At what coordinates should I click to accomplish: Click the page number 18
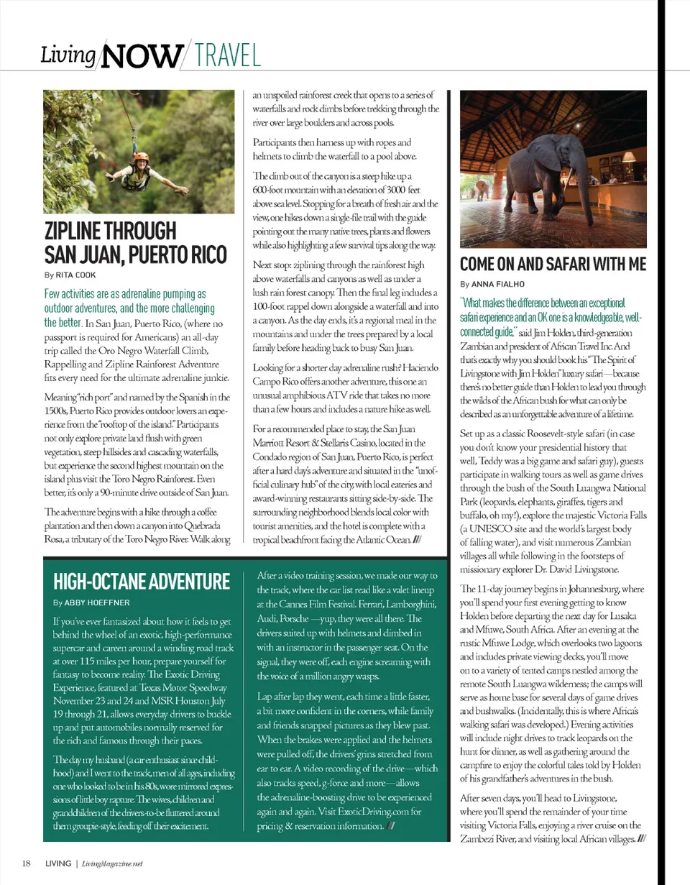[x=25, y=863]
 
